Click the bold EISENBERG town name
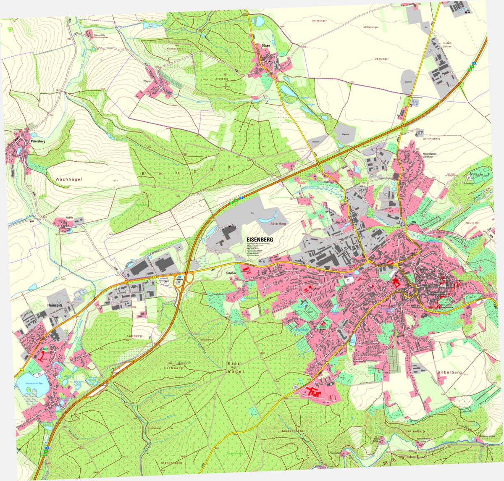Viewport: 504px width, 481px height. (x=260, y=239)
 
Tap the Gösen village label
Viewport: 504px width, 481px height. (x=265, y=45)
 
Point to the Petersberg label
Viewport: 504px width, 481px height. (x=38, y=142)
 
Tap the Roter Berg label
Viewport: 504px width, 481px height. (x=278, y=225)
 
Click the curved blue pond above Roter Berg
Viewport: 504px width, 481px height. (x=268, y=218)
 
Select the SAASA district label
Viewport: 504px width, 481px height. (x=231, y=273)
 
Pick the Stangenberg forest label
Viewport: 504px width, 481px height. (x=171, y=463)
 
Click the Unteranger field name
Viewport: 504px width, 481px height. (x=319, y=20)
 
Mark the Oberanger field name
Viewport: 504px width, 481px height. (x=381, y=59)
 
